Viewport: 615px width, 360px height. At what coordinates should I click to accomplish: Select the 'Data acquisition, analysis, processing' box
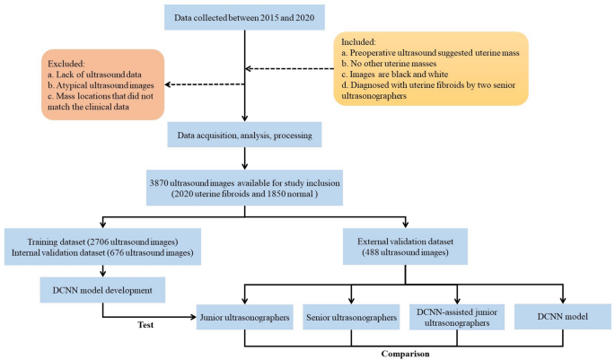[x=245, y=136]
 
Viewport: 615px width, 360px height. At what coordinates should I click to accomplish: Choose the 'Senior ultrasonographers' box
[x=351, y=318]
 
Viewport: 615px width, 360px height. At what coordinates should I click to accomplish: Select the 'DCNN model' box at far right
[x=564, y=317]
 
